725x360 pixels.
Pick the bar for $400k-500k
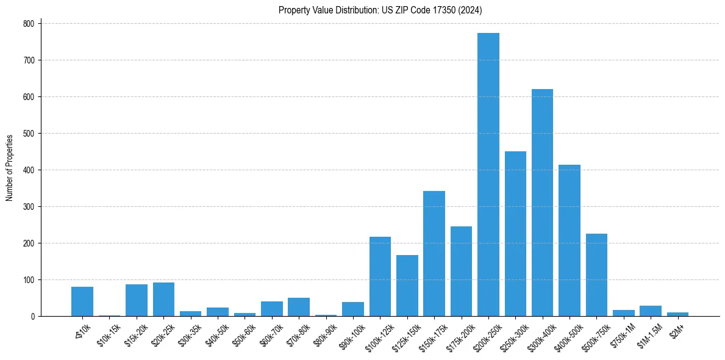(x=570, y=240)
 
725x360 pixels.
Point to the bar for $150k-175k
(x=434, y=254)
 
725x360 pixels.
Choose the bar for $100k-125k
(x=380, y=276)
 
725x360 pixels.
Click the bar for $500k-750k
(x=596, y=275)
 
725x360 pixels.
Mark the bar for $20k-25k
(x=163, y=300)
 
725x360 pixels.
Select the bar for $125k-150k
(x=407, y=286)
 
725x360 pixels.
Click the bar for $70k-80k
(x=299, y=307)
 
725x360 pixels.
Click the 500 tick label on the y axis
(x=30, y=134)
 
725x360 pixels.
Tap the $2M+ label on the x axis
(x=676, y=329)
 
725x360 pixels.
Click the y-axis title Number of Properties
(x=9, y=168)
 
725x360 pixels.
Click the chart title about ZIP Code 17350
(x=380, y=10)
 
